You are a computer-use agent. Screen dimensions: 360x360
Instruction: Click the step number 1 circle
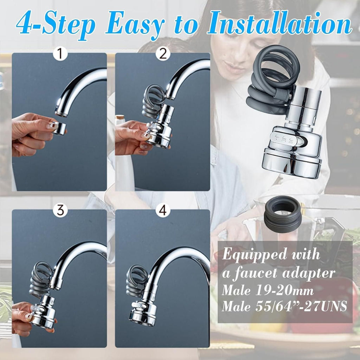[60, 54]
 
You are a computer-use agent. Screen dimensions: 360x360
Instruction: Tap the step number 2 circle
[163, 54]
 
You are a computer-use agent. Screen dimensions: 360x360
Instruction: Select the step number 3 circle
[60, 211]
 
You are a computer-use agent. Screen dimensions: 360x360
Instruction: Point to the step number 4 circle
[163, 211]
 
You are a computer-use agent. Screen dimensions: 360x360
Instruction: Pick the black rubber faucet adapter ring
[283, 215]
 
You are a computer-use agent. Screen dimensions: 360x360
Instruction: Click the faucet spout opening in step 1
[62, 113]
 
